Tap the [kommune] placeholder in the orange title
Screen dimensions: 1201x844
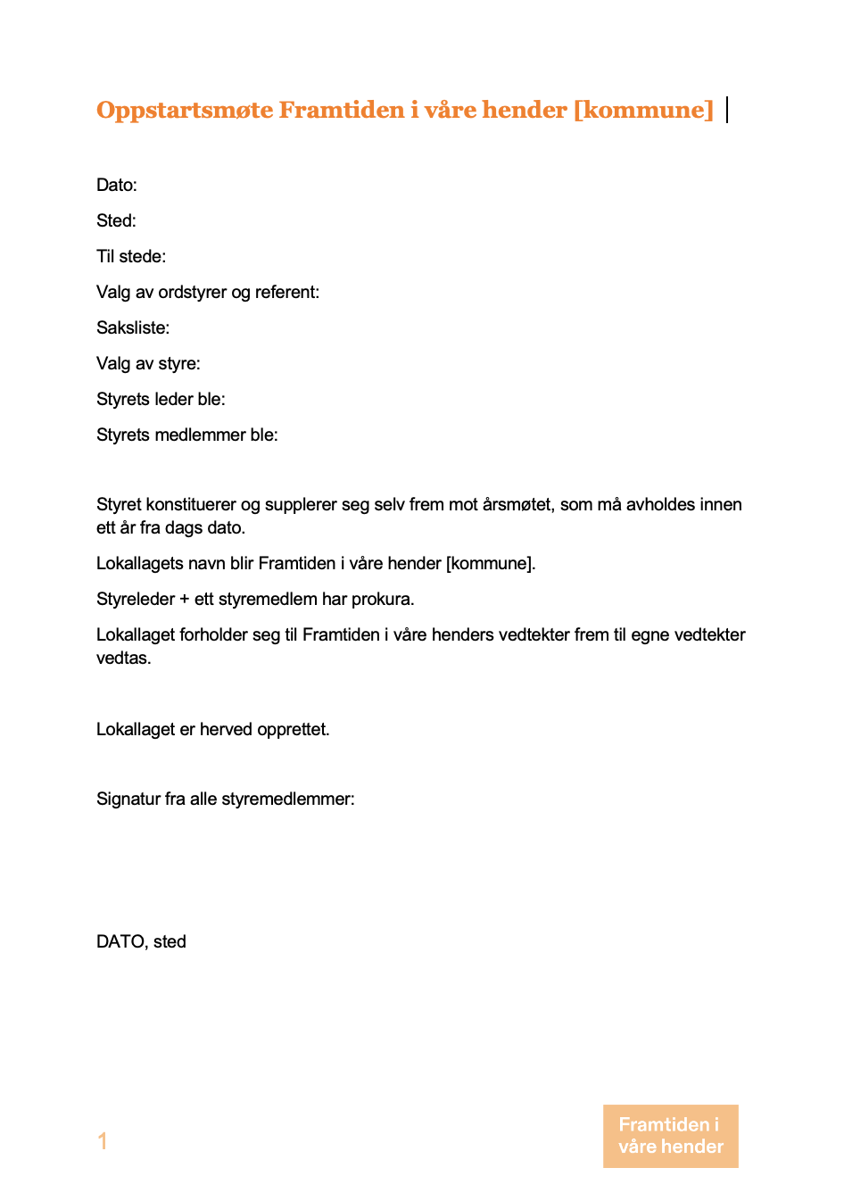(x=643, y=110)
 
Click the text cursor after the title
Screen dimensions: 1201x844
(x=728, y=110)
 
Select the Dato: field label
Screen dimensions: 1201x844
(x=117, y=186)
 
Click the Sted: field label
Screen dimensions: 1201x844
(x=116, y=221)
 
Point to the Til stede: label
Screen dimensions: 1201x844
(x=131, y=257)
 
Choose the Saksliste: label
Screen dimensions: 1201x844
(x=133, y=328)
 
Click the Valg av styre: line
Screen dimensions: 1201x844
(x=148, y=364)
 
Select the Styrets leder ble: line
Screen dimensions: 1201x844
(x=161, y=400)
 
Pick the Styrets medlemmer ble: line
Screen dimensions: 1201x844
(x=187, y=435)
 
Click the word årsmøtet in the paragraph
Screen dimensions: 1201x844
(x=517, y=505)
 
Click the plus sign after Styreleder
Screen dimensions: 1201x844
(x=185, y=600)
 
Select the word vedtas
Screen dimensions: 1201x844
(x=123, y=658)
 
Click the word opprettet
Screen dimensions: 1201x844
(x=293, y=730)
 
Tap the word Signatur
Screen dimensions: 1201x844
(x=128, y=799)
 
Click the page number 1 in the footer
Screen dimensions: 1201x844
(x=103, y=1141)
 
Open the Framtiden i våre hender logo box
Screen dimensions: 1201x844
(x=671, y=1136)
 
